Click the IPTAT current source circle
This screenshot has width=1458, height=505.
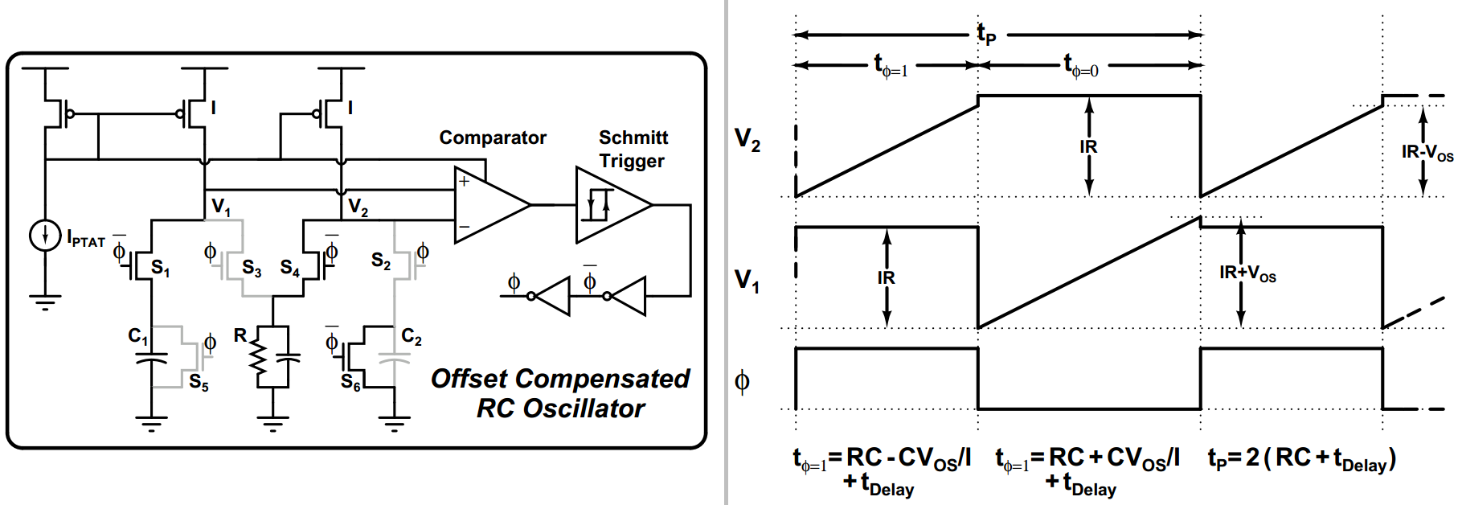pyautogui.click(x=45, y=236)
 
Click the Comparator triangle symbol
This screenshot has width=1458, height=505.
pyautogui.click(x=489, y=205)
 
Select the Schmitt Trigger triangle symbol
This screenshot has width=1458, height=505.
pyautogui.click(x=610, y=205)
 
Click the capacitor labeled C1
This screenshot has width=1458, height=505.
pyautogui.click(x=151, y=359)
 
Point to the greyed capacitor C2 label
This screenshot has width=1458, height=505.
pyautogui.click(x=412, y=337)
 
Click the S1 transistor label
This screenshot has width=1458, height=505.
pyautogui.click(x=160, y=269)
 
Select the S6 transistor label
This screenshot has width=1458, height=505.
pyautogui.click(x=350, y=384)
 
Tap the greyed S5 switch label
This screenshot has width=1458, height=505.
pyautogui.click(x=199, y=383)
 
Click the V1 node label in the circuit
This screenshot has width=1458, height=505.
pyautogui.click(x=220, y=207)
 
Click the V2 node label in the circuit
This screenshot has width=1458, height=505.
pyautogui.click(x=358, y=207)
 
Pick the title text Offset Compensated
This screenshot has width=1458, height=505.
pyautogui.click(x=560, y=379)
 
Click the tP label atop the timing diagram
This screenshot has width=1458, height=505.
pyautogui.click(x=986, y=34)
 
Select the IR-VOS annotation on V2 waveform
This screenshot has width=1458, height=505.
pyautogui.click(x=1427, y=153)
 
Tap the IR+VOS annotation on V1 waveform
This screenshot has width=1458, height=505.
pyautogui.click(x=1247, y=273)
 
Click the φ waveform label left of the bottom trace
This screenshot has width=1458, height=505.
pyautogui.click(x=742, y=380)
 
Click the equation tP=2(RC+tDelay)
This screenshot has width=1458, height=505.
pyautogui.click(x=1301, y=459)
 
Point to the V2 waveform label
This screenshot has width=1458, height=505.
pyautogui.click(x=747, y=140)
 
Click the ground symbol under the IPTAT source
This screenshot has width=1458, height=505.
pyautogui.click(x=45, y=303)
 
